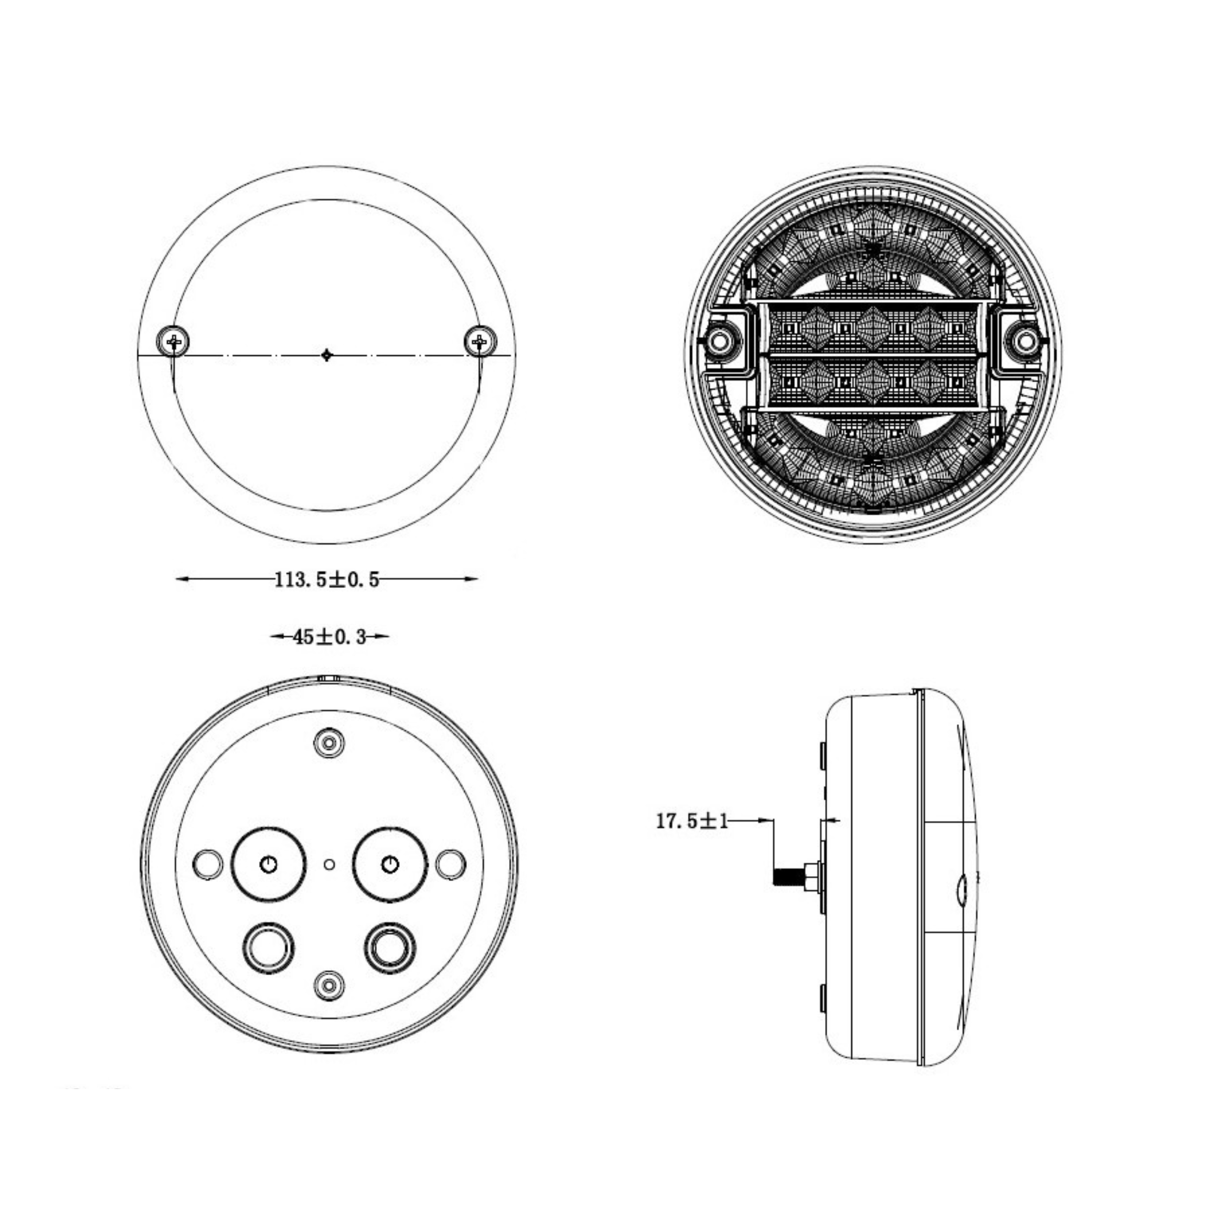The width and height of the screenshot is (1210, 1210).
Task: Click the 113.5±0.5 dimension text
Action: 327,580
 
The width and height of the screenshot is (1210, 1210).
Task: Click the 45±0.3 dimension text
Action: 329,637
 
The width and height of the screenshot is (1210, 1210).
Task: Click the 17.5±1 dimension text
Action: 692,821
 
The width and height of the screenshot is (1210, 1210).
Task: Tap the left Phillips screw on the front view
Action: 173,342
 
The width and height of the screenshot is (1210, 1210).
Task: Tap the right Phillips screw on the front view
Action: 480,342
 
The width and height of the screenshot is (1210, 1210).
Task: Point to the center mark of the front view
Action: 326,355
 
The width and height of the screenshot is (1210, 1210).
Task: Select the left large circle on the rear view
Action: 269,864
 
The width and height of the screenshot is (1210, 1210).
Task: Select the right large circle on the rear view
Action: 390,864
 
